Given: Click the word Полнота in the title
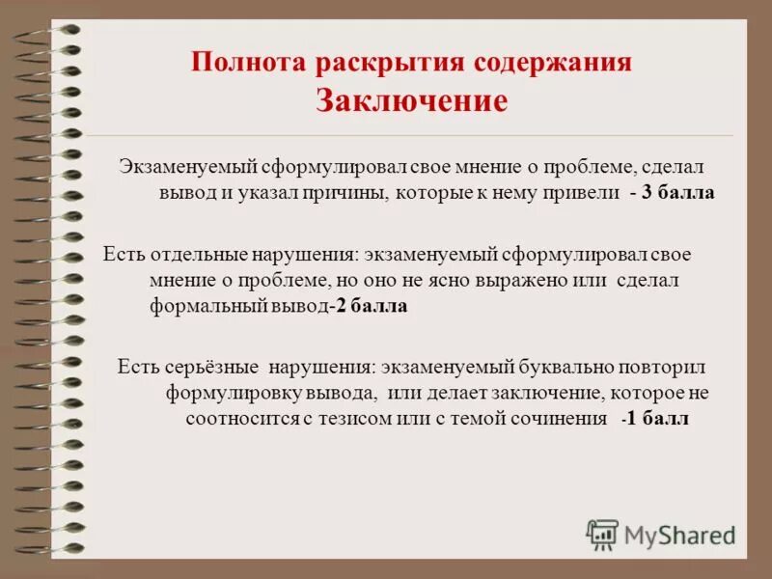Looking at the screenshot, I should coord(246,63).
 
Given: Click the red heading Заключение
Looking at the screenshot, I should coord(411,101).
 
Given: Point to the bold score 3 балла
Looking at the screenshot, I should coord(677,192).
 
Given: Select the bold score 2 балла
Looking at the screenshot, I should coord(372,307).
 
